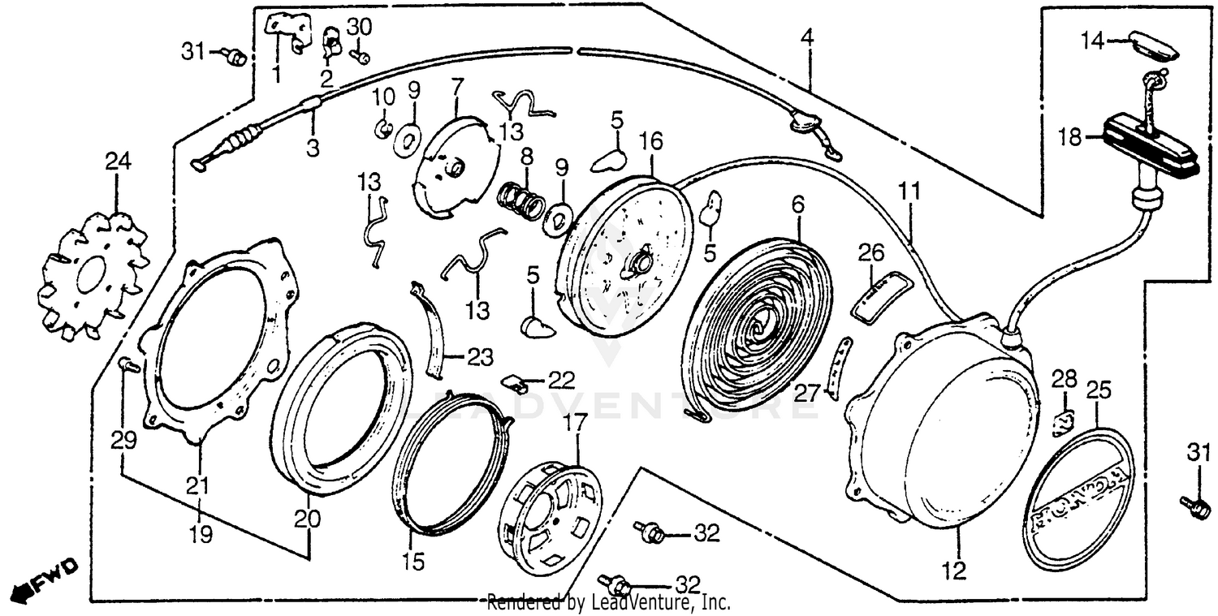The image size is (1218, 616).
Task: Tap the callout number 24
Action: pyautogui.click(x=117, y=162)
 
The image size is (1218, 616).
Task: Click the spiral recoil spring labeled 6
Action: pyautogui.click(x=755, y=317)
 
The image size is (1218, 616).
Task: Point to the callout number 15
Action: pyautogui.click(x=413, y=562)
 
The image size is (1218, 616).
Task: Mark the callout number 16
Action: pyautogui.click(x=651, y=142)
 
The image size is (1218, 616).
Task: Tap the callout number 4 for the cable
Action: pyautogui.click(x=806, y=37)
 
